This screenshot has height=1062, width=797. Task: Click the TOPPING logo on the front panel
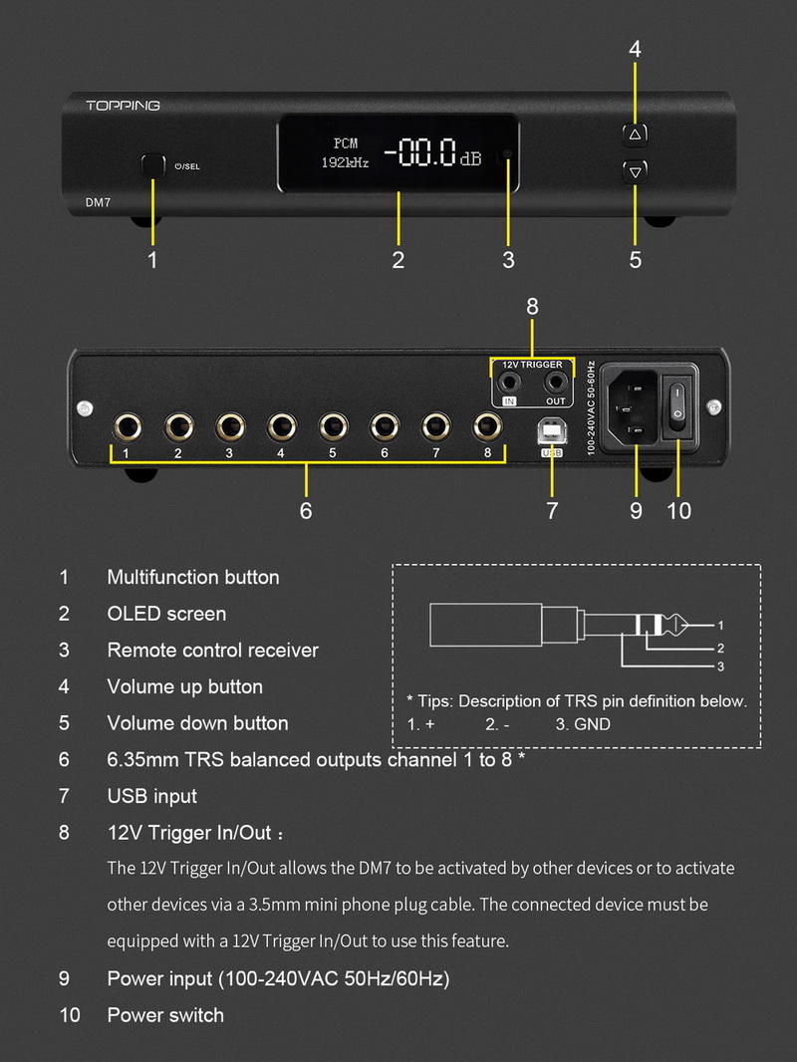[x=124, y=106]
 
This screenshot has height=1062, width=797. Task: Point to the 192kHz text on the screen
[x=345, y=162]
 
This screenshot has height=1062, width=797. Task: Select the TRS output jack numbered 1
[x=127, y=427]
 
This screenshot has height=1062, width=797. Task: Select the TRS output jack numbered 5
[x=333, y=427]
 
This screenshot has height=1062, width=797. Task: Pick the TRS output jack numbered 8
[x=487, y=427]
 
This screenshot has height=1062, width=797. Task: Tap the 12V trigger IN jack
[x=511, y=382]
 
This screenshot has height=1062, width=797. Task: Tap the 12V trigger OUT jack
[x=555, y=382]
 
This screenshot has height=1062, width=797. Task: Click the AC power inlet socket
[x=634, y=405]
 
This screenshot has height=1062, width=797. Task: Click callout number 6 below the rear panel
[x=306, y=510]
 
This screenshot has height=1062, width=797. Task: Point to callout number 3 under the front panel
[x=508, y=261]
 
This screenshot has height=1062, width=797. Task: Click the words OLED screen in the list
[x=166, y=614]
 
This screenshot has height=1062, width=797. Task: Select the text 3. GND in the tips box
[x=583, y=724]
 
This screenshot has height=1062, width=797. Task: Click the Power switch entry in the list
[x=165, y=1015]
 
